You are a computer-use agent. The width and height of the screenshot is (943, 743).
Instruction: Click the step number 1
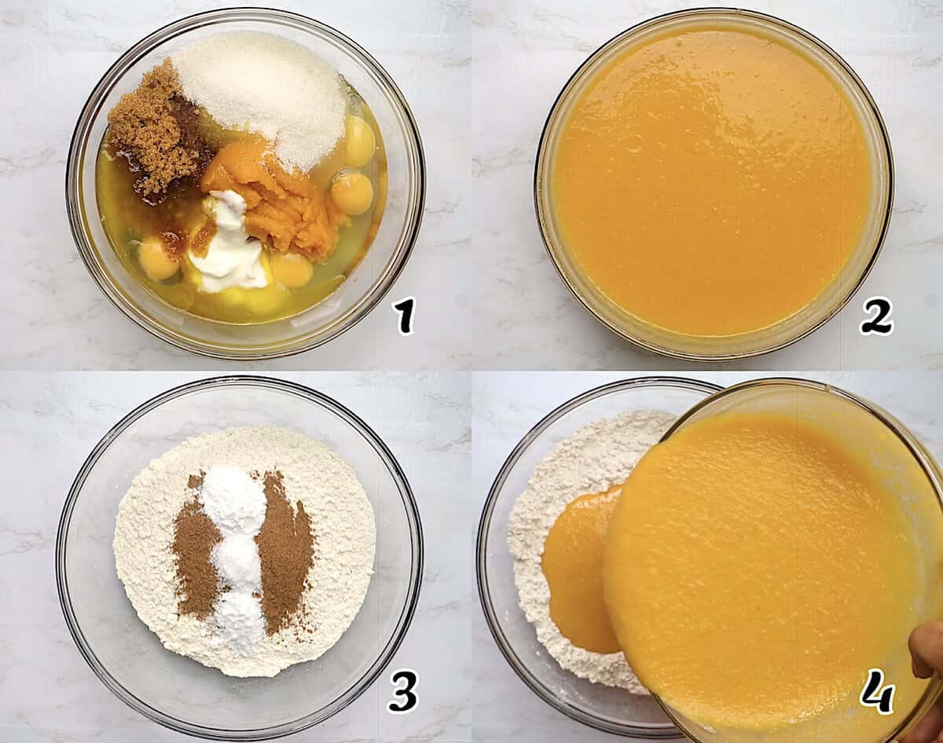pos(404,317)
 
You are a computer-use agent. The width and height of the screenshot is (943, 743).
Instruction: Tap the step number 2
pos(875,317)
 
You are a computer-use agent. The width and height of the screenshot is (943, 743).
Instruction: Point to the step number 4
pos(877,690)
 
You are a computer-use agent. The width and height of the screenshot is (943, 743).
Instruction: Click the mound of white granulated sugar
pos(263,94)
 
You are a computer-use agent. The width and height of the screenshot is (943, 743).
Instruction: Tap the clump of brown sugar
pos(153,130)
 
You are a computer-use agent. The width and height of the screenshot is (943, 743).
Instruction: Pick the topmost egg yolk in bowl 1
pos(358,141)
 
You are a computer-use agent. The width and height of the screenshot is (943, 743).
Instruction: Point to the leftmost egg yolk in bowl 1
pos(157,259)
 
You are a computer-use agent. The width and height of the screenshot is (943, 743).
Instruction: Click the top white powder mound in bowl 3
pos(233,500)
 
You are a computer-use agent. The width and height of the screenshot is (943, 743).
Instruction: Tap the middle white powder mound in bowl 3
pos(237,562)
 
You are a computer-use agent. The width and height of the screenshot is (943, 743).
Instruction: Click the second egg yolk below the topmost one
pos(352,192)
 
